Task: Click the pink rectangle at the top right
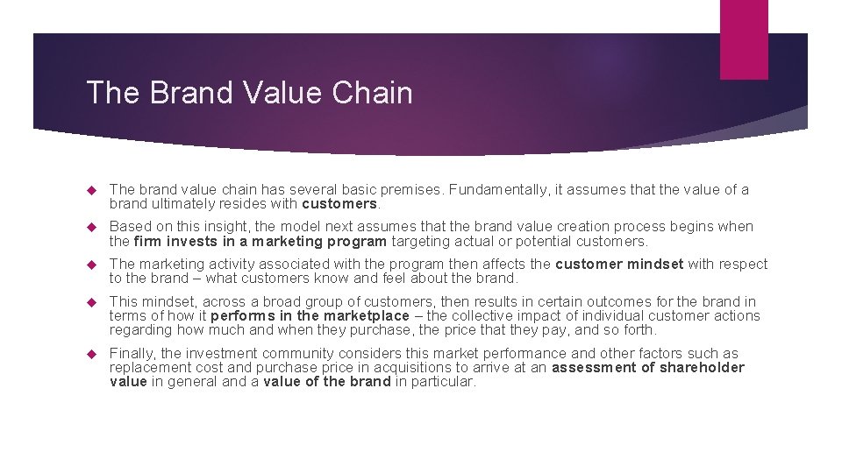743,39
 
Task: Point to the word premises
411,189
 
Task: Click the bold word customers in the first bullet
339,204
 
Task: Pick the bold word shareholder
701,368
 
